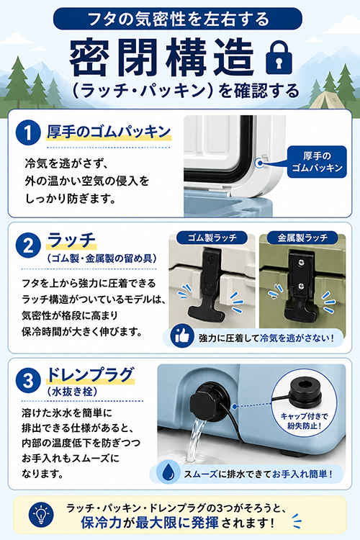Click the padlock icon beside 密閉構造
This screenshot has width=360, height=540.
coord(279,57)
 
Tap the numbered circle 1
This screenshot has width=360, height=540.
coord(28,132)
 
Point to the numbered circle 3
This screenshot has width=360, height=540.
coord(28,380)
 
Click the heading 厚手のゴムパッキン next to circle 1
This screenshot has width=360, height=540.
coord(109,132)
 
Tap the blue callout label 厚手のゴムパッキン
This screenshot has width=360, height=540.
coord(317,162)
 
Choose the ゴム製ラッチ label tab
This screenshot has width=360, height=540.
coord(212,238)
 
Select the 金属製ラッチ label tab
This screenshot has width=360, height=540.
coord(302,238)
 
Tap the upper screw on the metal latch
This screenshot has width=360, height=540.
coord(302,262)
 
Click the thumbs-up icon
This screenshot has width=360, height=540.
coord(182,336)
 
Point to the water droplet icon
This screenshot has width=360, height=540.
coord(168,472)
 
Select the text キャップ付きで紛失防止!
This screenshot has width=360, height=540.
coord(304,421)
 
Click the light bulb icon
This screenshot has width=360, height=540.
coord(41,515)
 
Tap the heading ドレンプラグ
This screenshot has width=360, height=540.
coord(90,375)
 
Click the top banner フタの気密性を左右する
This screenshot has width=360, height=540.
coord(178,19)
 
